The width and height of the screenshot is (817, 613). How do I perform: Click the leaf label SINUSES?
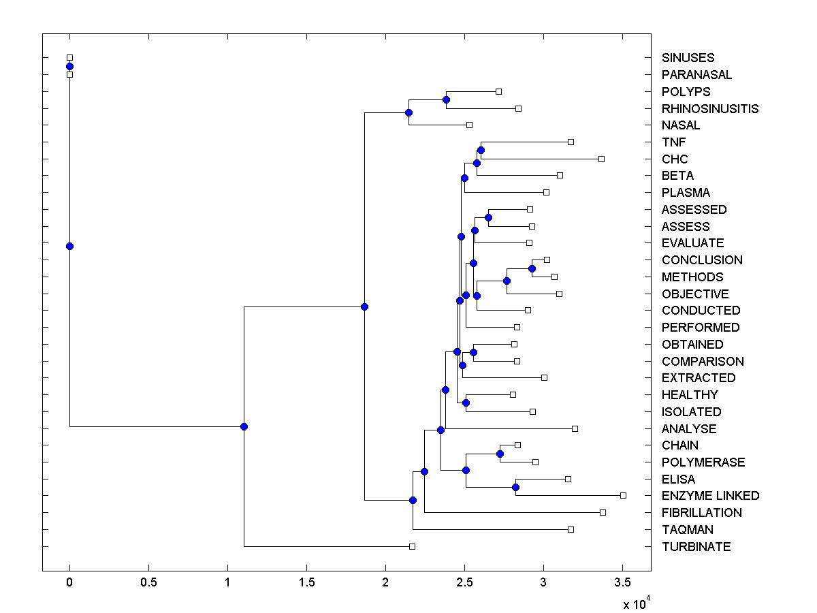688,58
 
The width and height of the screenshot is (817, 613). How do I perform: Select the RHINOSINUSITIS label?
710,108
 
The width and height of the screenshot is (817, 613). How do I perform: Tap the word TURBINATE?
696,547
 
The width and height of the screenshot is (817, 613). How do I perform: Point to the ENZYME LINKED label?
710,496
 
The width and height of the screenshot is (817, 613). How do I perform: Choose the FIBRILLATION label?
701,513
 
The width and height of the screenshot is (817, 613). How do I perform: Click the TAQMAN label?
687,530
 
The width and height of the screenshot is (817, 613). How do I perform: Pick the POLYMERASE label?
703,462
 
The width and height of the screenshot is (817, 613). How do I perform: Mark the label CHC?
675,159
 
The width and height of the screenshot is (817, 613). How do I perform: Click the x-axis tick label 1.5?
306,584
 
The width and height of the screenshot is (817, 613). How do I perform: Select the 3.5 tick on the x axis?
622,584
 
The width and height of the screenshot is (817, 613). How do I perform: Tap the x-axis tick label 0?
69,584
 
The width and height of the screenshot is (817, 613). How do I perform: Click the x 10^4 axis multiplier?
636,603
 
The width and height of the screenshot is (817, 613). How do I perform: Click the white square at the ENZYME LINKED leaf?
623,495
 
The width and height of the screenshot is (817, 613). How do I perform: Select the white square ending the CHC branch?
601,159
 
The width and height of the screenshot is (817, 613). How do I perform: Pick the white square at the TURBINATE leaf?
412,546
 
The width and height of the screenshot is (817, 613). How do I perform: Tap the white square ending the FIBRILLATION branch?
603,512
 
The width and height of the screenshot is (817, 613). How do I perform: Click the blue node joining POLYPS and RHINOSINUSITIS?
446,100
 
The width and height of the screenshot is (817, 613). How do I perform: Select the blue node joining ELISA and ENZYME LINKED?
515,487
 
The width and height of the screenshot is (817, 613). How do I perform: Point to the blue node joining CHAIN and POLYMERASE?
500,454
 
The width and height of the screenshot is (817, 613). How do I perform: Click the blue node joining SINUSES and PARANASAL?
69,66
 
